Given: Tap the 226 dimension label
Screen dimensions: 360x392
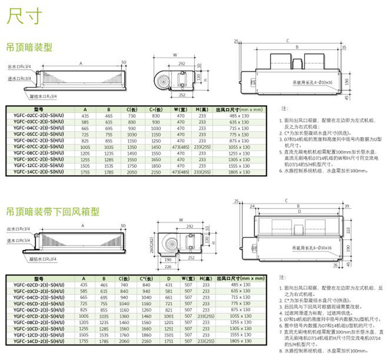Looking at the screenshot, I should point(168,266).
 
